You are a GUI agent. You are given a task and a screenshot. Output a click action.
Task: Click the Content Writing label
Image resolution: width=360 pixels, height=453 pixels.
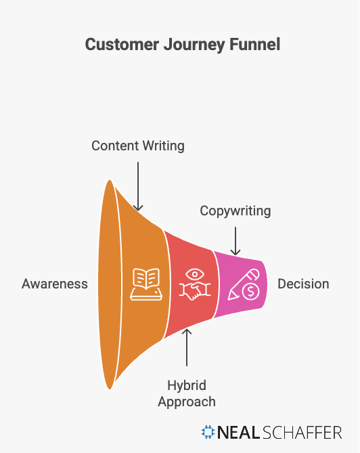tap(138, 146)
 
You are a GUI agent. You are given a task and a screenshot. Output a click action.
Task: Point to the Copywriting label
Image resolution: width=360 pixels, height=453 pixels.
tap(235, 211)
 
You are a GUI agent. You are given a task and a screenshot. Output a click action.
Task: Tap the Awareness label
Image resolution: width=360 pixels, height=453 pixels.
tap(55, 284)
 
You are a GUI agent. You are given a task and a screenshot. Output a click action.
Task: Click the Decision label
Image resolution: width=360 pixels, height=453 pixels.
tap(302, 284)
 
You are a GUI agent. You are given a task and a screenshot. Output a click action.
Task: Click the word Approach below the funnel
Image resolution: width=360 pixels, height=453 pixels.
tap(187, 402)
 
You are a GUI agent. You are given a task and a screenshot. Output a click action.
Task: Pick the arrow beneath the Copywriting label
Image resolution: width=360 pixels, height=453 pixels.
tap(235, 240)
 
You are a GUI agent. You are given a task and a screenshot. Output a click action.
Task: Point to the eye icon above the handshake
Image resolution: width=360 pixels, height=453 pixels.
tap(194, 274)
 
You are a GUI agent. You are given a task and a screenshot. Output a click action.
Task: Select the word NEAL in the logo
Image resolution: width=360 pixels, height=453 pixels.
tap(238, 432)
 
